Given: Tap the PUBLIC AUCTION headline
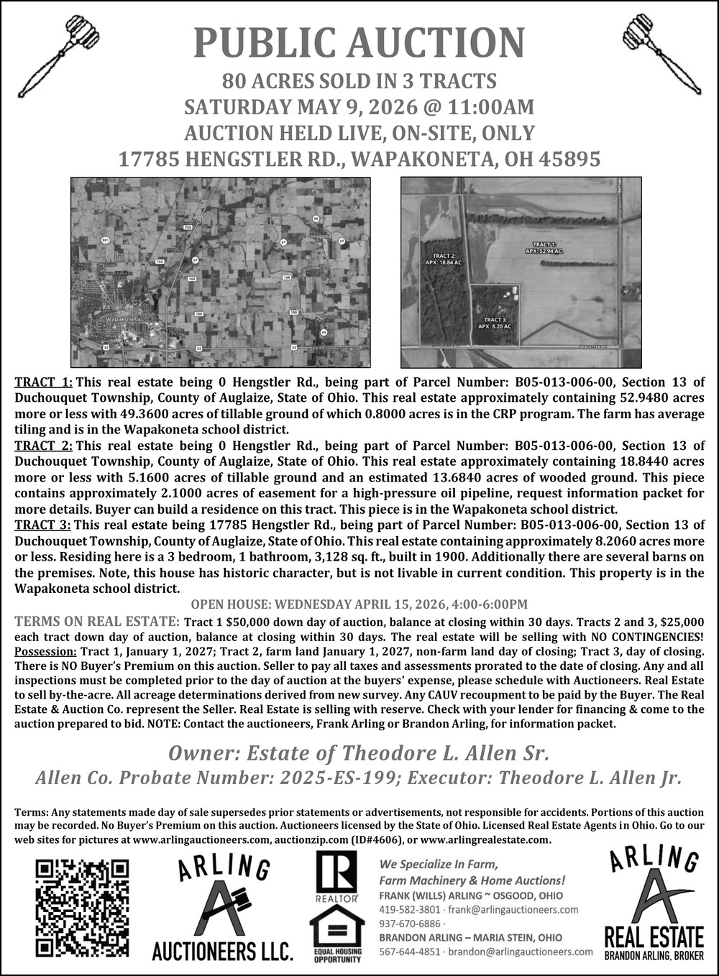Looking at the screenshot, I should click(359, 43).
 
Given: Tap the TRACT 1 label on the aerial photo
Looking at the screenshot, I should click(544, 248).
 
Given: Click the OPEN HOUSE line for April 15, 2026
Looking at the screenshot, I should click(359, 604).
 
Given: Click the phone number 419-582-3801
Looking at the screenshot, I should click(405, 909).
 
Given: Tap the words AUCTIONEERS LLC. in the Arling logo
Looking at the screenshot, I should click(222, 952).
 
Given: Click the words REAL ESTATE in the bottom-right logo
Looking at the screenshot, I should click(653, 937).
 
